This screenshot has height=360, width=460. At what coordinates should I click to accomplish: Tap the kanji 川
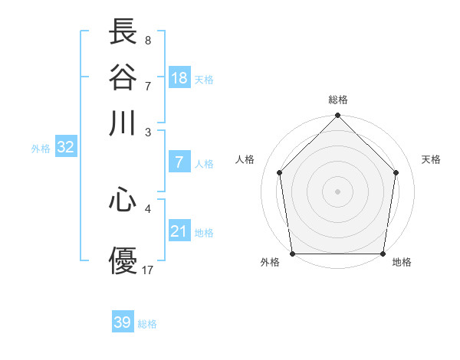point(123,123)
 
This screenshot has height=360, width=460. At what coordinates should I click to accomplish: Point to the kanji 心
point(123,201)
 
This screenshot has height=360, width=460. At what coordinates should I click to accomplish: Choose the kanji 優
point(123,260)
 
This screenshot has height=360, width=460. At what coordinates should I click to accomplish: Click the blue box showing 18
point(179,78)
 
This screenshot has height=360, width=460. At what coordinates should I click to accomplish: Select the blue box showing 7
point(179,162)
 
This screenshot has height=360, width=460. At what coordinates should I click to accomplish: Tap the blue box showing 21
point(179,231)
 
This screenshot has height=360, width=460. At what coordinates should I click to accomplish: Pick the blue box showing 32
point(65,148)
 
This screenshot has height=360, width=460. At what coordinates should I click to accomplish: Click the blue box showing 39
point(122,322)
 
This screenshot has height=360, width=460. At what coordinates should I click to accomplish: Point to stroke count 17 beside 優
point(148,270)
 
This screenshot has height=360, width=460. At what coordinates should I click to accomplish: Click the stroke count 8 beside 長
point(147,40)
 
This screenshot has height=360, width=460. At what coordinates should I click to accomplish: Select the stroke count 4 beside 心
point(148,208)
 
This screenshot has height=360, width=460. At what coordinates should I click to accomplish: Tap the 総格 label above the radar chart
point(337,100)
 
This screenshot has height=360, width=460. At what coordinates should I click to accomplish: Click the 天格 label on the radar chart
point(431,159)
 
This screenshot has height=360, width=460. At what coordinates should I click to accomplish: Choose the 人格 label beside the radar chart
point(245,159)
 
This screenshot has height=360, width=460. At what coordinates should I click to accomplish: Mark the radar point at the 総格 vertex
point(337,116)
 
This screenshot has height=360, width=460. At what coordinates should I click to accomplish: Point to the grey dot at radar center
point(337,191)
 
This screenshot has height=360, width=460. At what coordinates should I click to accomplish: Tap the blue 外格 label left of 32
point(41,149)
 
